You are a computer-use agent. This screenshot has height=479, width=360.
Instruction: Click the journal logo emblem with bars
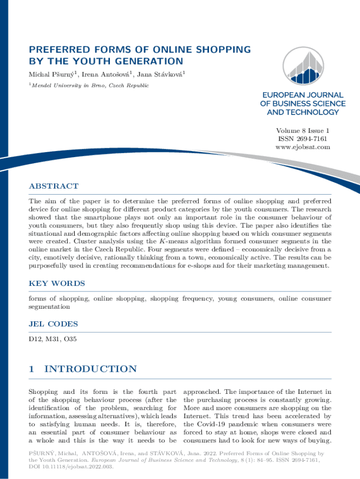(303, 67)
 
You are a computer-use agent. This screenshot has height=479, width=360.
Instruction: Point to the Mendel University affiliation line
(90, 86)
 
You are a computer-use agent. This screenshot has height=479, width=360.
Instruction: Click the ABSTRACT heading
(54, 186)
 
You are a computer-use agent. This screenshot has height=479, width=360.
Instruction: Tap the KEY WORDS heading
(57, 283)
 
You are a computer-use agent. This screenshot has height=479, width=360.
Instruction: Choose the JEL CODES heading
(53, 324)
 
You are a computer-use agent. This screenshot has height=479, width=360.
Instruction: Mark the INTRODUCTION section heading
(90, 369)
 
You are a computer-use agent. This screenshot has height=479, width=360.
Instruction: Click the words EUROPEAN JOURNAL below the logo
(303, 95)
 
